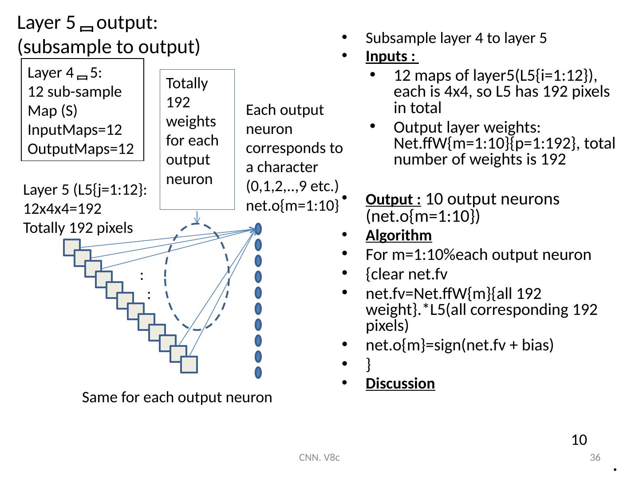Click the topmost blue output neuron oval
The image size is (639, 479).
pos(258,229)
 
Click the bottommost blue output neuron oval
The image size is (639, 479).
pos(258,373)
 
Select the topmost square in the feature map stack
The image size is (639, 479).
pos(71,247)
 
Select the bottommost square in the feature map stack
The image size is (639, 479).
pos(189,365)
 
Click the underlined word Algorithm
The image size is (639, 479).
pos(398,236)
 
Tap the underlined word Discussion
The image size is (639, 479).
pos(400,383)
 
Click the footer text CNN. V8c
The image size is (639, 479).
pos(319,457)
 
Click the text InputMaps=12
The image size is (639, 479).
pos(75,130)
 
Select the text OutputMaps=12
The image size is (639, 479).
pos(81,149)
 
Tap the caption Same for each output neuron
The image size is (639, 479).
pos(177,397)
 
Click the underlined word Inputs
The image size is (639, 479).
pos(390,57)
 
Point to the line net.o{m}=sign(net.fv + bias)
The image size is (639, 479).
pos(459,345)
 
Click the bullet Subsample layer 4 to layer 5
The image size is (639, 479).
pos(456,38)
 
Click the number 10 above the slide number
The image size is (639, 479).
pos(579,440)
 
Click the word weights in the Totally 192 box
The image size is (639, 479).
pos(191,121)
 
